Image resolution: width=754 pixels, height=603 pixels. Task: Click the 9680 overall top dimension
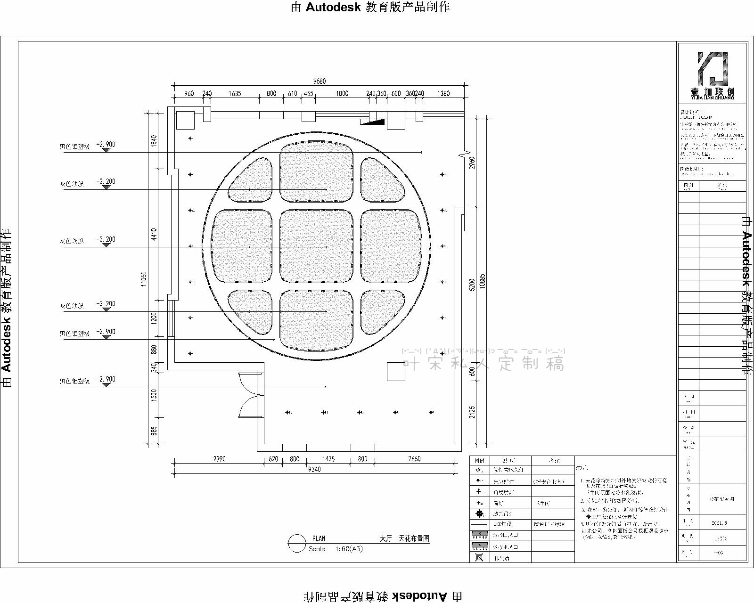pos(319,81)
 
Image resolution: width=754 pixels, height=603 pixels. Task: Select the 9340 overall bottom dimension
pos(314,469)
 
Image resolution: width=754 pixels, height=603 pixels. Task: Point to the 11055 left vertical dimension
pos(144,278)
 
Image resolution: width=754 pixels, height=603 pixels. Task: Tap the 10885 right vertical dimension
pos(482,281)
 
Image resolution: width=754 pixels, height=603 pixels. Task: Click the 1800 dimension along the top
pos(342,93)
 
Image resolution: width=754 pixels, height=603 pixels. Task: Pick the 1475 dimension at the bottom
pos(328,459)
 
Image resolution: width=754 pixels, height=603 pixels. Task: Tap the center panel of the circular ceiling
pos(316,246)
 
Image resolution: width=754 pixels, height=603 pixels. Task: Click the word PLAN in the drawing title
pos(319,538)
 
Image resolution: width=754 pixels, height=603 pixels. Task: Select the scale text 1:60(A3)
pos(349,549)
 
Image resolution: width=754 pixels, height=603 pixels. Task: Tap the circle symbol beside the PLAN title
pos(297,543)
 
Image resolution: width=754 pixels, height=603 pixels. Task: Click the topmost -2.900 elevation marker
pos(106,145)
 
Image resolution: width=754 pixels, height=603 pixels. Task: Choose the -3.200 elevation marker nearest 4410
pos(106,239)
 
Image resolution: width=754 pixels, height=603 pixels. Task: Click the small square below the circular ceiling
pos(396,372)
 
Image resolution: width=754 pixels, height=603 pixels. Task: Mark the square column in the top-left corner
pos(185,120)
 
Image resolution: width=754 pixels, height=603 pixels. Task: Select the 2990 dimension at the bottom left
pos(219,459)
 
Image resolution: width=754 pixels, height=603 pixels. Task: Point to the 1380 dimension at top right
pos(443,93)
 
